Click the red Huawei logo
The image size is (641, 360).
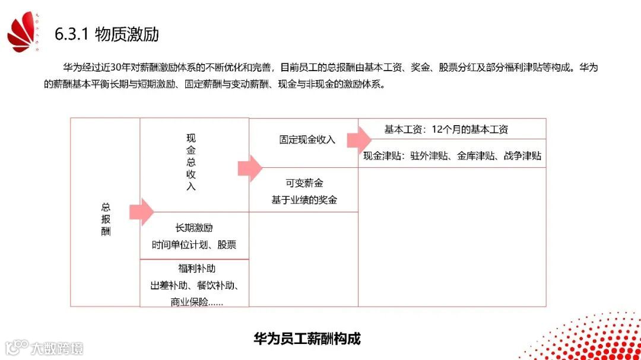[x=23, y=34]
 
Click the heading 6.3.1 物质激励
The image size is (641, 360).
[x=107, y=34]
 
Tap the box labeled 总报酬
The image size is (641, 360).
[x=106, y=219]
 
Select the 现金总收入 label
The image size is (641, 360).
[x=191, y=162]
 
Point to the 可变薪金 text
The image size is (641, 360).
[x=304, y=184]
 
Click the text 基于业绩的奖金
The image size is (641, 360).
[x=304, y=200]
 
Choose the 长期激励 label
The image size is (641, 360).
[x=194, y=228]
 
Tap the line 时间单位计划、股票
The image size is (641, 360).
[x=194, y=244]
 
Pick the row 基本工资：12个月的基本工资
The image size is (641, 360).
[x=446, y=129]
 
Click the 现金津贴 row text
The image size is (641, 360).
[x=452, y=156]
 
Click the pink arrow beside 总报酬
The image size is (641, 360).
[x=141, y=212]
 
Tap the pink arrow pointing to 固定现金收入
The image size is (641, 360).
[x=250, y=168]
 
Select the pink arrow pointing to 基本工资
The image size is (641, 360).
[x=359, y=140]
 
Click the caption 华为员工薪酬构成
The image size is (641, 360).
[x=307, y=339]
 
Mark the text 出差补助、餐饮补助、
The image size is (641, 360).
[x=194, y=285]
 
